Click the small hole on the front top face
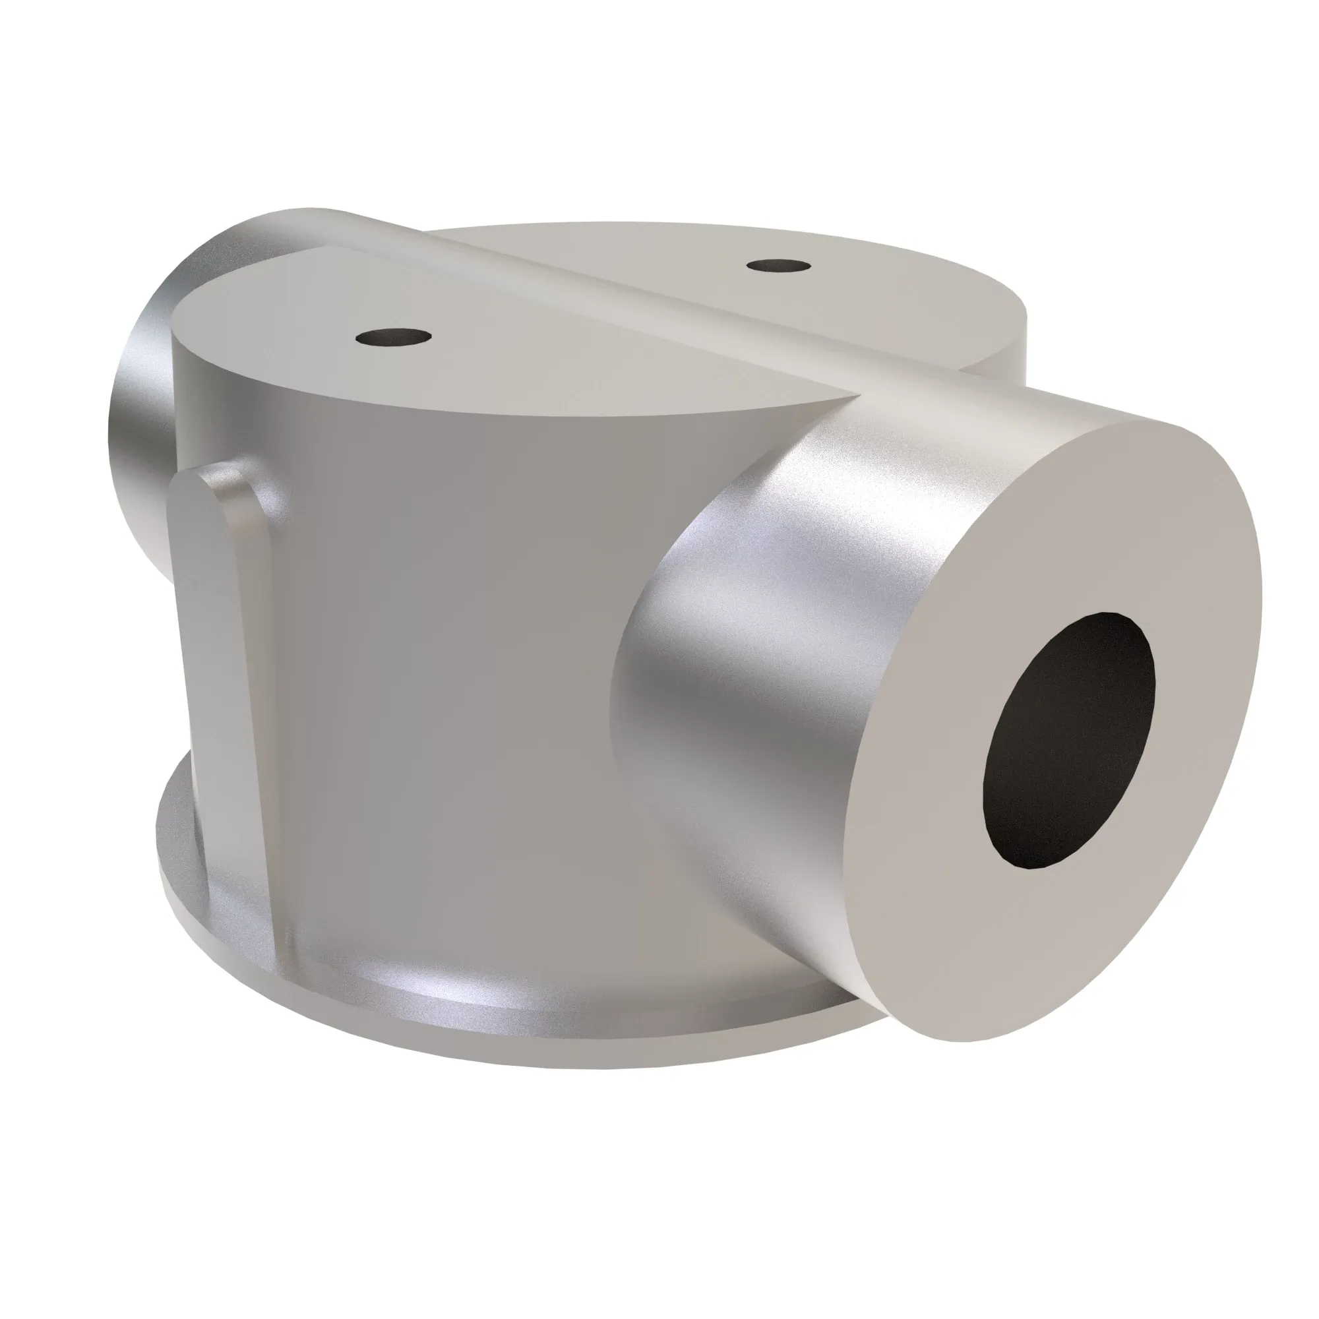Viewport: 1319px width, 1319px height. pyautogui.click(x=394, y=337)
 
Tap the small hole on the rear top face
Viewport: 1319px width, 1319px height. pyautogui.click(x=779, y=266)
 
